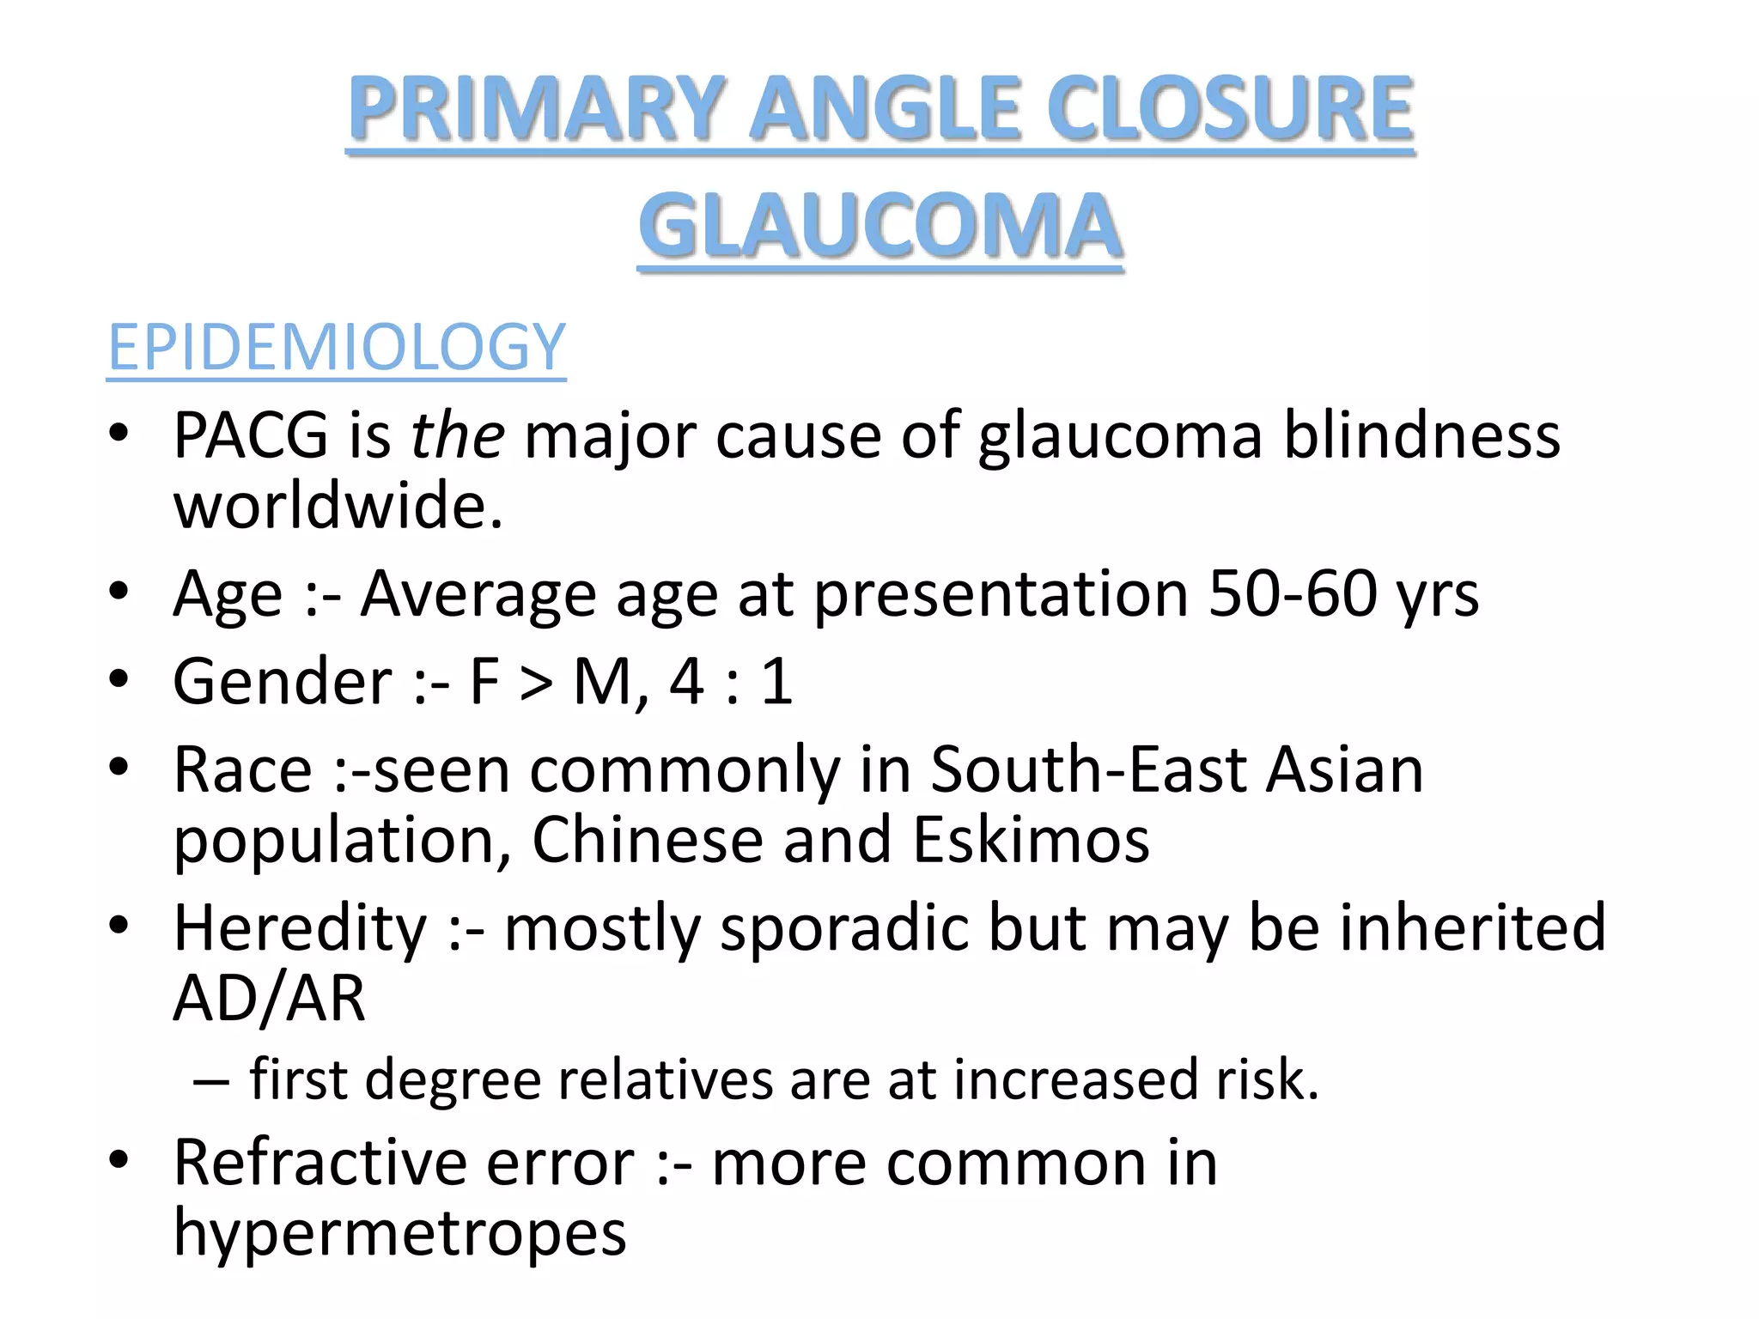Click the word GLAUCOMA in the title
(880, 225)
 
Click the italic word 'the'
(458, 435)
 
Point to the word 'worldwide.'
(338, 505)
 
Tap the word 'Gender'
(283, 681)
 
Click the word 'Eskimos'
(1031, 839)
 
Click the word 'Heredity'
(300, 927)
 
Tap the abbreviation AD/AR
(270, 998)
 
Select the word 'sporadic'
(844, 927)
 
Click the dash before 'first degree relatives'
(211, 1081)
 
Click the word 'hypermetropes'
(400, 1233)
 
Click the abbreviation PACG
(251, 435)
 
